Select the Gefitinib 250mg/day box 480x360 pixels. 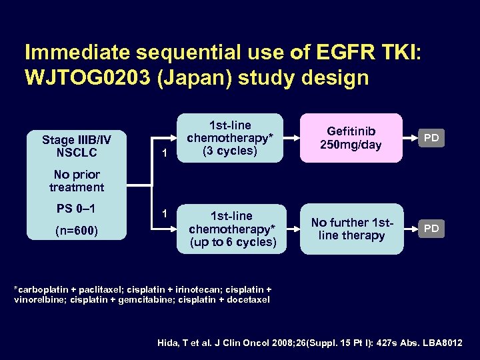pyautogui.click(x=351, y=138)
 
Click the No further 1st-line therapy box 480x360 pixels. pyautogui.click(x=351, y=229)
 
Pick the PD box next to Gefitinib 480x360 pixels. pyautogui.click(x=432, y=138)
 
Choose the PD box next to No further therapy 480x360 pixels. pyautogui.click(x=432, y=229)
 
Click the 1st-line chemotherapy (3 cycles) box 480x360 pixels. pyautogui.click(x=231, y=138)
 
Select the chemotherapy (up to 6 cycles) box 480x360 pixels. pyautogui.click(x=231, y=229)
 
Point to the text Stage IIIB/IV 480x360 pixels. pyautogui.click(x=77, y=140)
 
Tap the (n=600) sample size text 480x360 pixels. pyautogui.click(x=77, y=231)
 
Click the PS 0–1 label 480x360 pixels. pyautogui.click(x=77, y=209)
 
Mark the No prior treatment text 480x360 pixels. pyautogui.click(x=77, y=181)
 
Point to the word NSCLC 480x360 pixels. pyautogui.click(x=77, y=153)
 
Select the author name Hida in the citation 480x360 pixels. pyautogui.click(x=169, y=343)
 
